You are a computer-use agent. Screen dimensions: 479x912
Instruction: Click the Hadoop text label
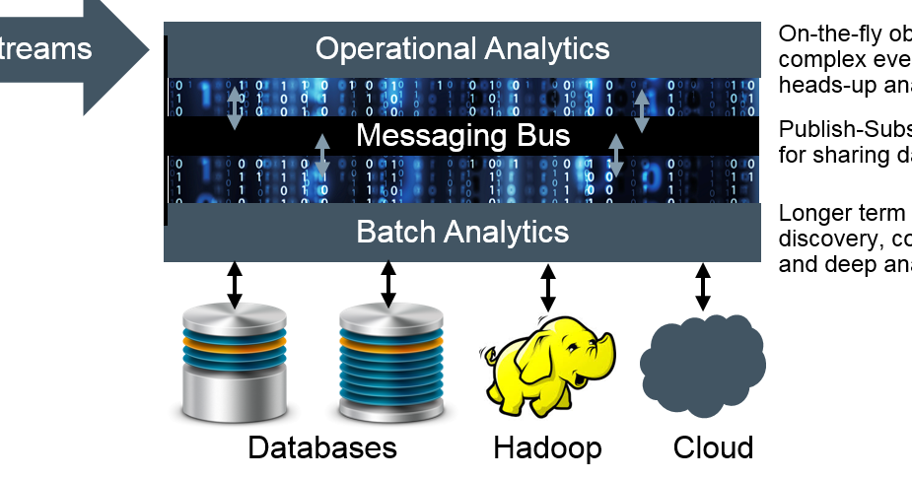(x=547, y=447)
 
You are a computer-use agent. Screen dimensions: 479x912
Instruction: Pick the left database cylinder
(x=234, y=363)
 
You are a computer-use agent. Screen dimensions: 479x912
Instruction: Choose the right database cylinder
(x=387, y=363)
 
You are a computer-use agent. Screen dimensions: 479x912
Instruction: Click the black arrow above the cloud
(x=703, y=285)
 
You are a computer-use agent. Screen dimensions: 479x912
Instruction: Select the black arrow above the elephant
(x=548, y=285)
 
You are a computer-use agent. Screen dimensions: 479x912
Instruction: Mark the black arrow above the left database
(x=234, y=285)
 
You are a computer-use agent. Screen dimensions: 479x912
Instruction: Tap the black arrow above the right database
(x=388, y=285)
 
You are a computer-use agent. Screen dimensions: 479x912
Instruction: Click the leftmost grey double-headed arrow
(x=235, y=108)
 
